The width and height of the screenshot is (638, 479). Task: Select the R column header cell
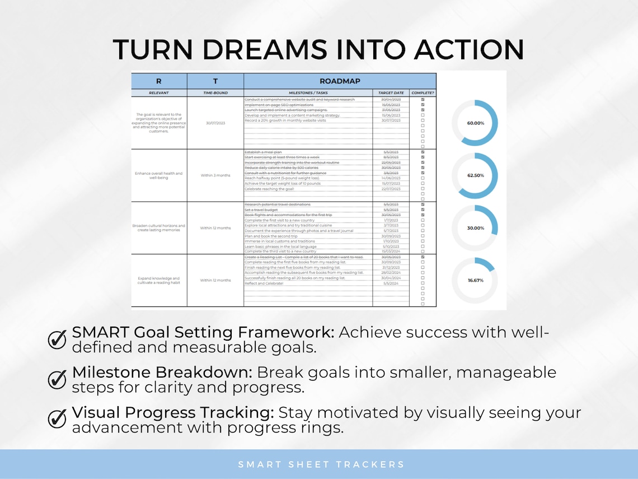(159, 81)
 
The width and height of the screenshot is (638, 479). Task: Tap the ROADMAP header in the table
(340, 81)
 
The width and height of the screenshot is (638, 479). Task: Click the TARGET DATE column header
(391, 93)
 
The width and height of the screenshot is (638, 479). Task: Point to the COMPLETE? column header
(423, 93)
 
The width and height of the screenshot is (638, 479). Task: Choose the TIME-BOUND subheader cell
(215, 93)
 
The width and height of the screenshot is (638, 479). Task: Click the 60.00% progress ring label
(475, 123)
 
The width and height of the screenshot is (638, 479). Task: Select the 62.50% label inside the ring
(475, 175)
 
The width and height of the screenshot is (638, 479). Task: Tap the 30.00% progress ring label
(475, 228)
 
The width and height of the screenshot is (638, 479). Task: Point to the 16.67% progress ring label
(475, 280)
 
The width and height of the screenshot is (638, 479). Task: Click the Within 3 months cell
(215, 175)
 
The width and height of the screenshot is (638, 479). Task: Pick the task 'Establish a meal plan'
(263, 152)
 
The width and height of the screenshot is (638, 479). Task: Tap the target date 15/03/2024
(391, 252)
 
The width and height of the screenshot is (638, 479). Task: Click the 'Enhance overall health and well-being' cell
(159, 175)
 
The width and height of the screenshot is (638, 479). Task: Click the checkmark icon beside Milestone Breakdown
(57, 379)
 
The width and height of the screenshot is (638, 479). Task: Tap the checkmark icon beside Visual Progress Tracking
(57, 419)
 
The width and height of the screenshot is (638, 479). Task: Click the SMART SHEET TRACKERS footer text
(321, 464)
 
